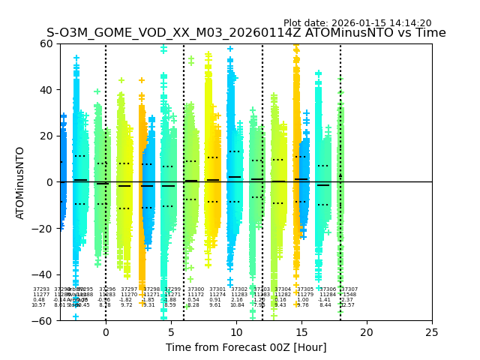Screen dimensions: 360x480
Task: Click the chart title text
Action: point(246,33)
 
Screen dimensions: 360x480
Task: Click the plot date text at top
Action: point(357,23)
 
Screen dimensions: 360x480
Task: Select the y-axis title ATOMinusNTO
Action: point(20,182)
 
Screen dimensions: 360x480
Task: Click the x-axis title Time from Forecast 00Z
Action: point(246,347)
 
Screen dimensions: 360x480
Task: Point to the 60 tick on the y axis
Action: point(46,43)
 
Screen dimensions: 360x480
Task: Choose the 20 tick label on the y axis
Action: point(46,136)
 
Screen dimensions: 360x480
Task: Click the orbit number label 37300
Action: point(196,289)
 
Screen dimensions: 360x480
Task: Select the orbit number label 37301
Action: point(217,289)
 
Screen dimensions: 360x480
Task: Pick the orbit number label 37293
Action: point(41,289)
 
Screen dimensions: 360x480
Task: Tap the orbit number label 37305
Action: point(305,289)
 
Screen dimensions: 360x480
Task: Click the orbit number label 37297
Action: point(129,289)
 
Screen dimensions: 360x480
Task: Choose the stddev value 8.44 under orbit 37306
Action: point(325,305)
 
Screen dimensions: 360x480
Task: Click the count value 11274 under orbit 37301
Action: point(217,295)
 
